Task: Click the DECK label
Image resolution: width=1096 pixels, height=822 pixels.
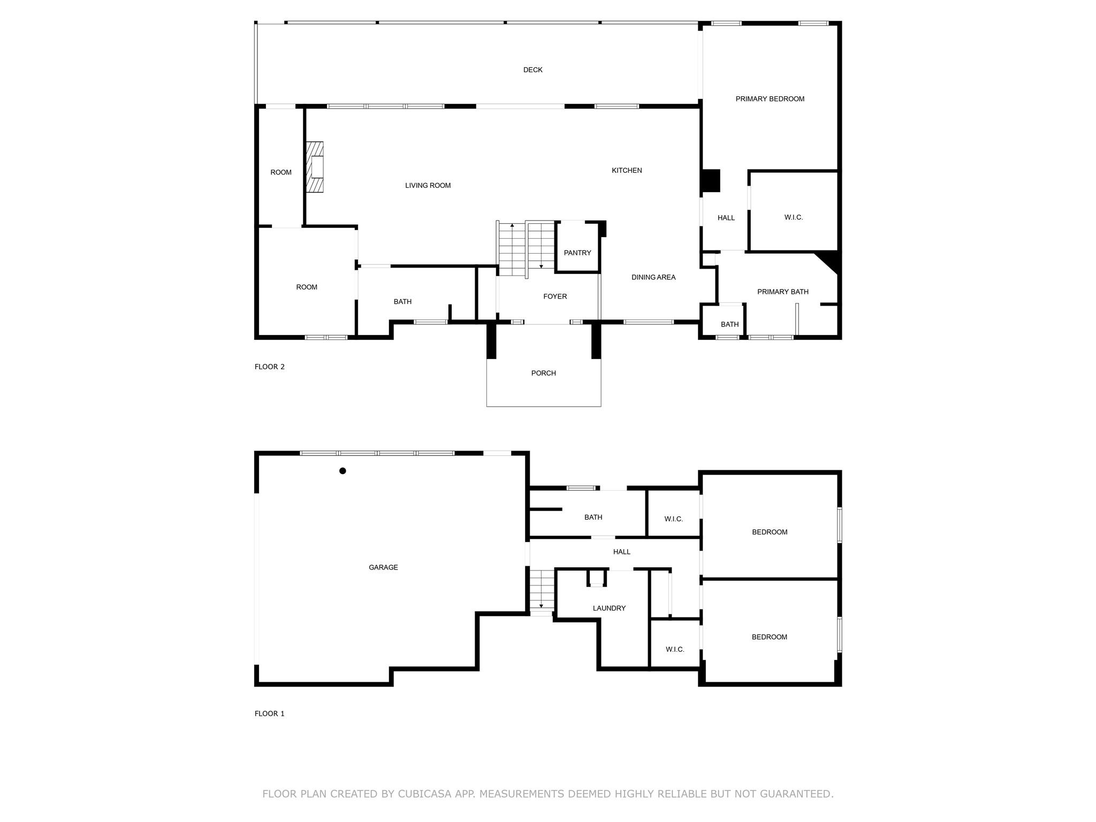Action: [x=532, y=70]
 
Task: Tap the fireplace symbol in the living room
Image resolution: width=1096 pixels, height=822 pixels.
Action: [x=315, y=167]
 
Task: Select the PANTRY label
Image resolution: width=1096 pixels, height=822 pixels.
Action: [x=577, y=253]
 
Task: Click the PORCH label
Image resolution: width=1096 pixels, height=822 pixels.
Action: [x=543, y=374]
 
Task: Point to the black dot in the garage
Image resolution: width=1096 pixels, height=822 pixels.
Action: [x=342, y=471]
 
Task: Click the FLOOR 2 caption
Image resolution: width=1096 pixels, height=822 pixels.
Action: [x=269, y=367]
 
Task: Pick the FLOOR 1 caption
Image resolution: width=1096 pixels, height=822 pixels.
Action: [x=269, y=714]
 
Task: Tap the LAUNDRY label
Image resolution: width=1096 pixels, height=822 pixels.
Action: [x=609, y=608]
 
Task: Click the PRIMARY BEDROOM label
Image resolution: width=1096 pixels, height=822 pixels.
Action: [x=770, y=99]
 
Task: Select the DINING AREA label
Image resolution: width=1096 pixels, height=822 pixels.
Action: [x=653, y=278]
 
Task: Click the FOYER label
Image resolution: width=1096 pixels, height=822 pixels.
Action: [x=555, y=296]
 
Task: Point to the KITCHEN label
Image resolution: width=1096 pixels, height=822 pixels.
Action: [x=627, y=171]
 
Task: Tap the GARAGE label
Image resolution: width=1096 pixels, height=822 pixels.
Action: [x=383, y=568]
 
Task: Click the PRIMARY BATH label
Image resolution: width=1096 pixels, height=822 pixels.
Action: [x=782, y=292]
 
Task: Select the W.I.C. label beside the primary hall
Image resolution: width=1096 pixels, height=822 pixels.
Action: [x=793, y=218]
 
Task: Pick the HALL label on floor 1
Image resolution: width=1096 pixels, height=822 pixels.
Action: [x=621, y=552]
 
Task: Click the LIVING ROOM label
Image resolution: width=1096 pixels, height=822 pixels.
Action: [x=428, y=186]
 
